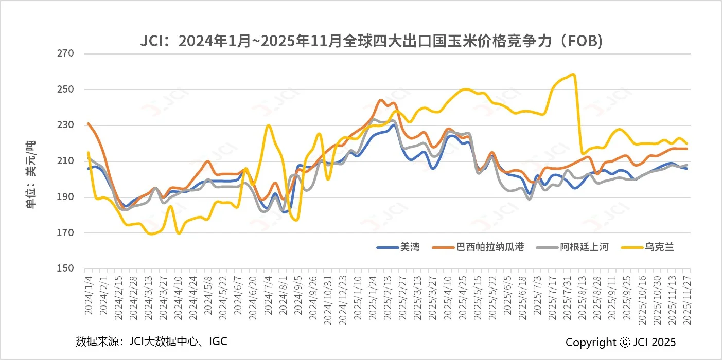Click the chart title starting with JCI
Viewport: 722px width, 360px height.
[371, 41]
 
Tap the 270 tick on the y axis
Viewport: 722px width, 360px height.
[68, 53]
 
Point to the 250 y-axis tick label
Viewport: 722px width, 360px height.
[68, 89]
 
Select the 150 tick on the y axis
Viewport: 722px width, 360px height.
[68, 268]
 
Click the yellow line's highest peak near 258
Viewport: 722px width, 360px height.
[573, 75]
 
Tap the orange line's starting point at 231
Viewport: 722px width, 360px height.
[89, 123]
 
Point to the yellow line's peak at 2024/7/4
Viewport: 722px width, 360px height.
[268, 125]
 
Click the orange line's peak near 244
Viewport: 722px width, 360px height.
[381, 100]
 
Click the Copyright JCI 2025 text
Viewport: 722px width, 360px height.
[621, 343]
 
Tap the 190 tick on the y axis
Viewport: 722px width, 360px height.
[68, 197]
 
